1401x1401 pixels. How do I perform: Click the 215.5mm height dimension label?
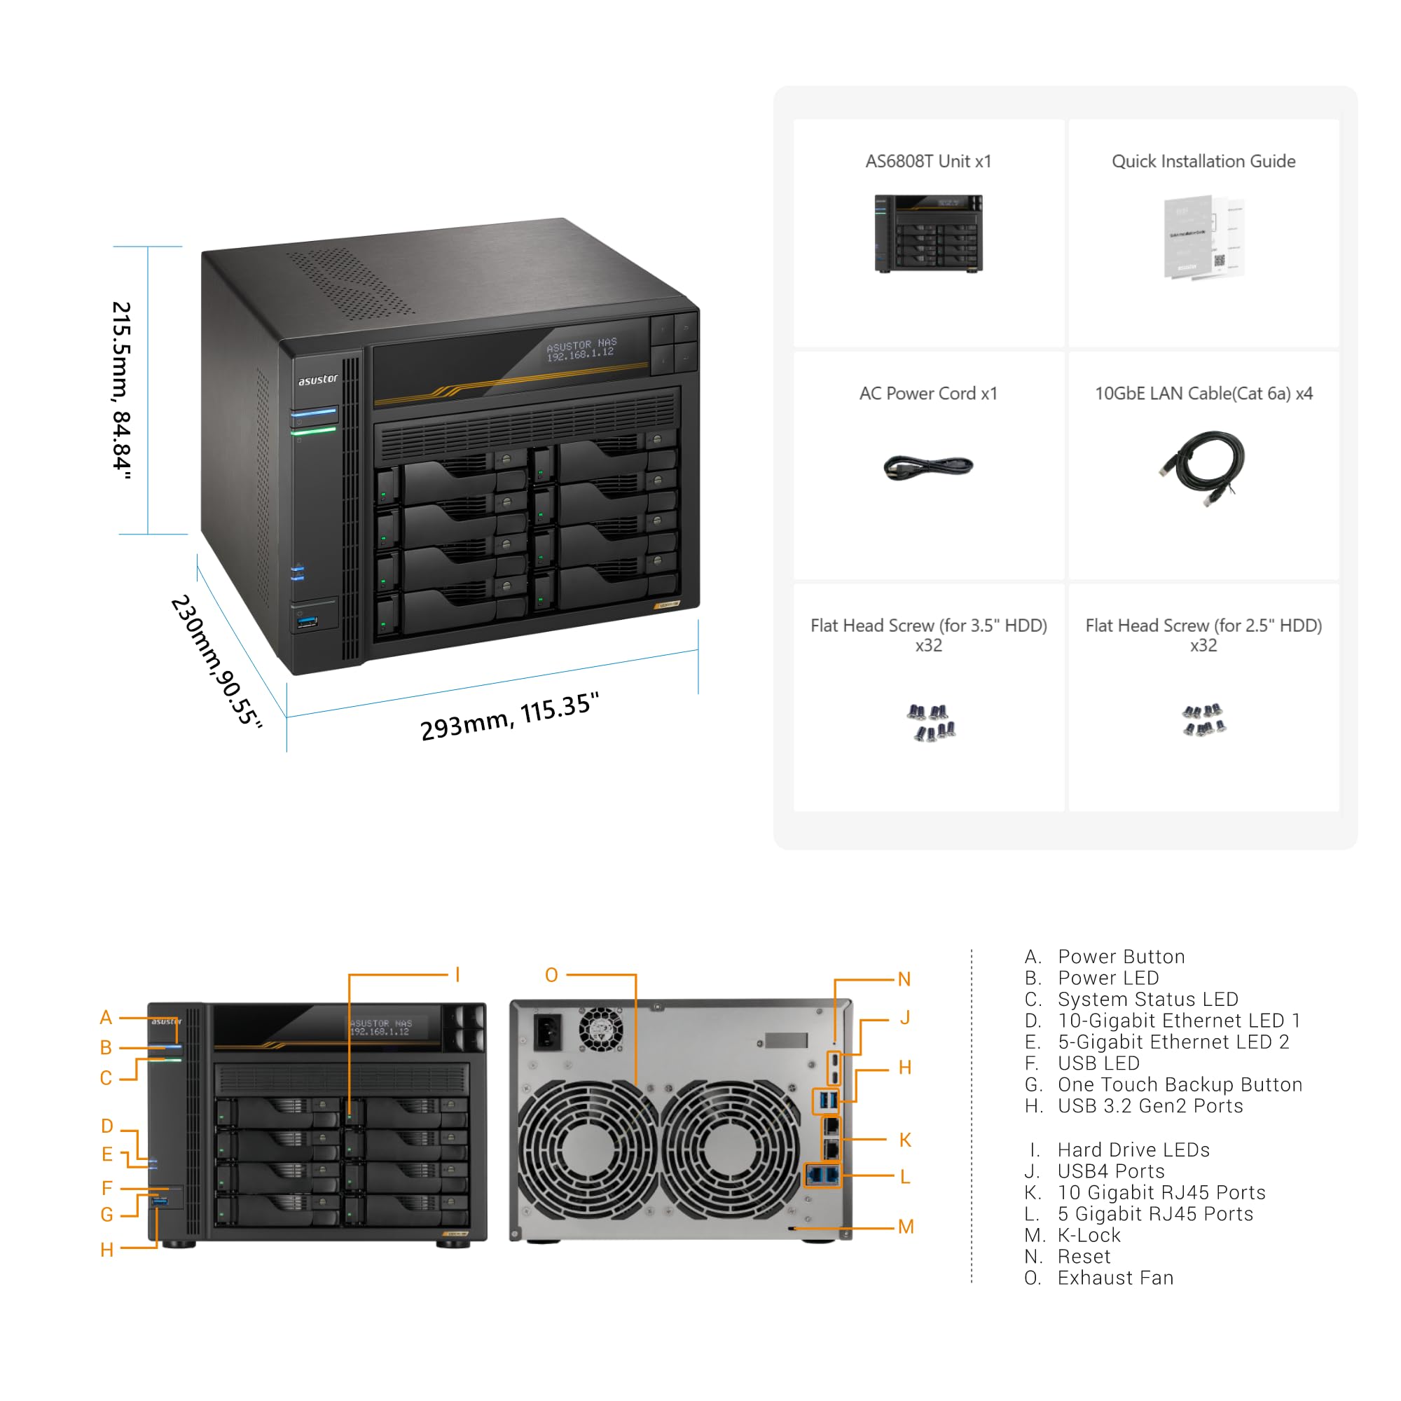[x=122, y=391]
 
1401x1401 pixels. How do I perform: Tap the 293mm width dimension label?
[x=510, y=717]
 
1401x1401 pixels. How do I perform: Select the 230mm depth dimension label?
[x=216, y=660]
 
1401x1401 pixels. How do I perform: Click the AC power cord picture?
[x=928, y=467]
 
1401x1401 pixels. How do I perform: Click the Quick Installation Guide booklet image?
[x=1203, y=236]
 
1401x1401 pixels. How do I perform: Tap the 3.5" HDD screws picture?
[x=931, y=722]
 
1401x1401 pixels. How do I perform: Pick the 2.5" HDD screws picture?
[x=1203, y=720]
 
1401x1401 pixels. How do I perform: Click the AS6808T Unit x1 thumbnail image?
[x=928, y=233]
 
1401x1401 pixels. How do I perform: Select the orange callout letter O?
[x=551, y=975]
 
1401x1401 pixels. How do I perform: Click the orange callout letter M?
[x=906, y=1227]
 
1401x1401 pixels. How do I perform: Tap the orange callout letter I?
[x=457, y=974]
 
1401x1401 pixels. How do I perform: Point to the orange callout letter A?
[x=106, y=1017]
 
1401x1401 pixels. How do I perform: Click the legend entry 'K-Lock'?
[x=1089, y=1235]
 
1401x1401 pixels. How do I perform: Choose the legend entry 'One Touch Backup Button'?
[x=1180, y=1084]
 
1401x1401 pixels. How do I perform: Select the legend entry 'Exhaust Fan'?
[x=1115, y=1278]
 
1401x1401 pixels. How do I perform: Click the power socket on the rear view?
[x=548, y=1031]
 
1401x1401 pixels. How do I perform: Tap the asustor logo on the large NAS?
[x=317, y=379]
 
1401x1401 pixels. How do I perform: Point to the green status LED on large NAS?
[x=313, y=431]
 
